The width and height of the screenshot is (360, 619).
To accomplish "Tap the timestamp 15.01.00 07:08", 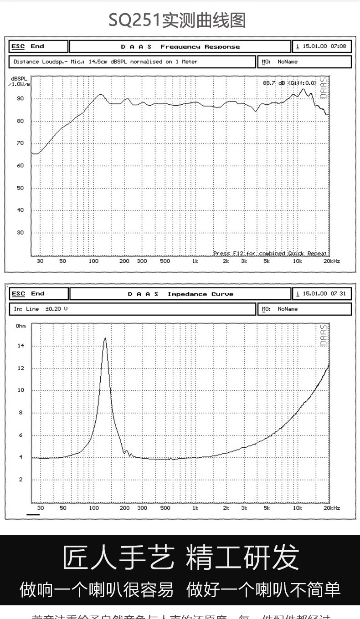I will [x=324, y=46].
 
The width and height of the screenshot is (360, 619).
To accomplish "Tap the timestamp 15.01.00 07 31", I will [x=324, y=294].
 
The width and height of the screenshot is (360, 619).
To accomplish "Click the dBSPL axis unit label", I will [x=19, y=81].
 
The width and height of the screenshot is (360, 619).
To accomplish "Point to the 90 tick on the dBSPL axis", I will [x=20, y=99].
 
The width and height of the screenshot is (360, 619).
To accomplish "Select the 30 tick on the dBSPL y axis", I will [x=20, y=233].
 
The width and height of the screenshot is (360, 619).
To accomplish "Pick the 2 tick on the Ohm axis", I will [x=21, y=480].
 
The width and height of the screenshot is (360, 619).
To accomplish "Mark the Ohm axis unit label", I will [x=21, y=326].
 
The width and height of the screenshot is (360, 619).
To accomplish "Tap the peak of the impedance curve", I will [x=105, y=338].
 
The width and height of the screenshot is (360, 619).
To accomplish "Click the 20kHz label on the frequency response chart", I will [x=331, y=261].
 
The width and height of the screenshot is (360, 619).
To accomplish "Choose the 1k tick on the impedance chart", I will [x=195, y=508].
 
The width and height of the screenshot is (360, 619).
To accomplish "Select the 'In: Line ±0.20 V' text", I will [x=41, y=309].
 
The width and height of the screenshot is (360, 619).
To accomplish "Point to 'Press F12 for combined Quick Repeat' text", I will [x=270, y=253].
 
